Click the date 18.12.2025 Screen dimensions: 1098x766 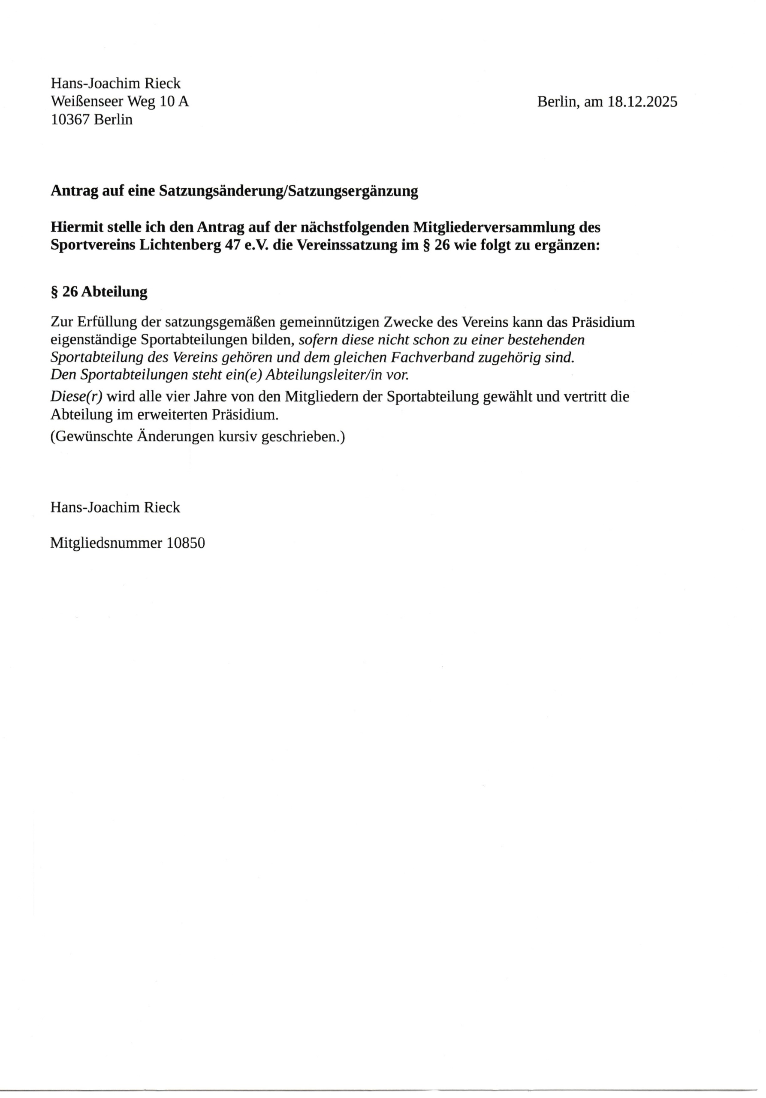coord(642,102)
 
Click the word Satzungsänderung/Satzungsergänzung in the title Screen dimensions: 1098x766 coord(288,191)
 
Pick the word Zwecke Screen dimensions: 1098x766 coord(404,322)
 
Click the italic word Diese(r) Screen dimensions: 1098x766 coord(76,397)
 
